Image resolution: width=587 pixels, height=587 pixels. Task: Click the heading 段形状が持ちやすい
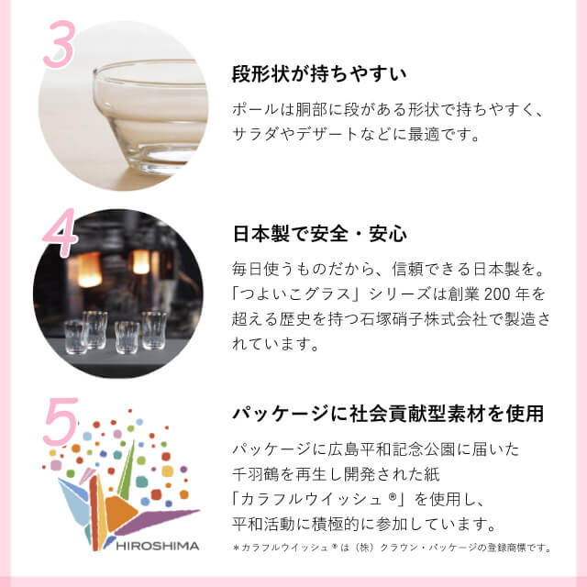(320, 72)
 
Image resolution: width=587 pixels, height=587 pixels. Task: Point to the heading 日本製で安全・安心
(320, 233)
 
